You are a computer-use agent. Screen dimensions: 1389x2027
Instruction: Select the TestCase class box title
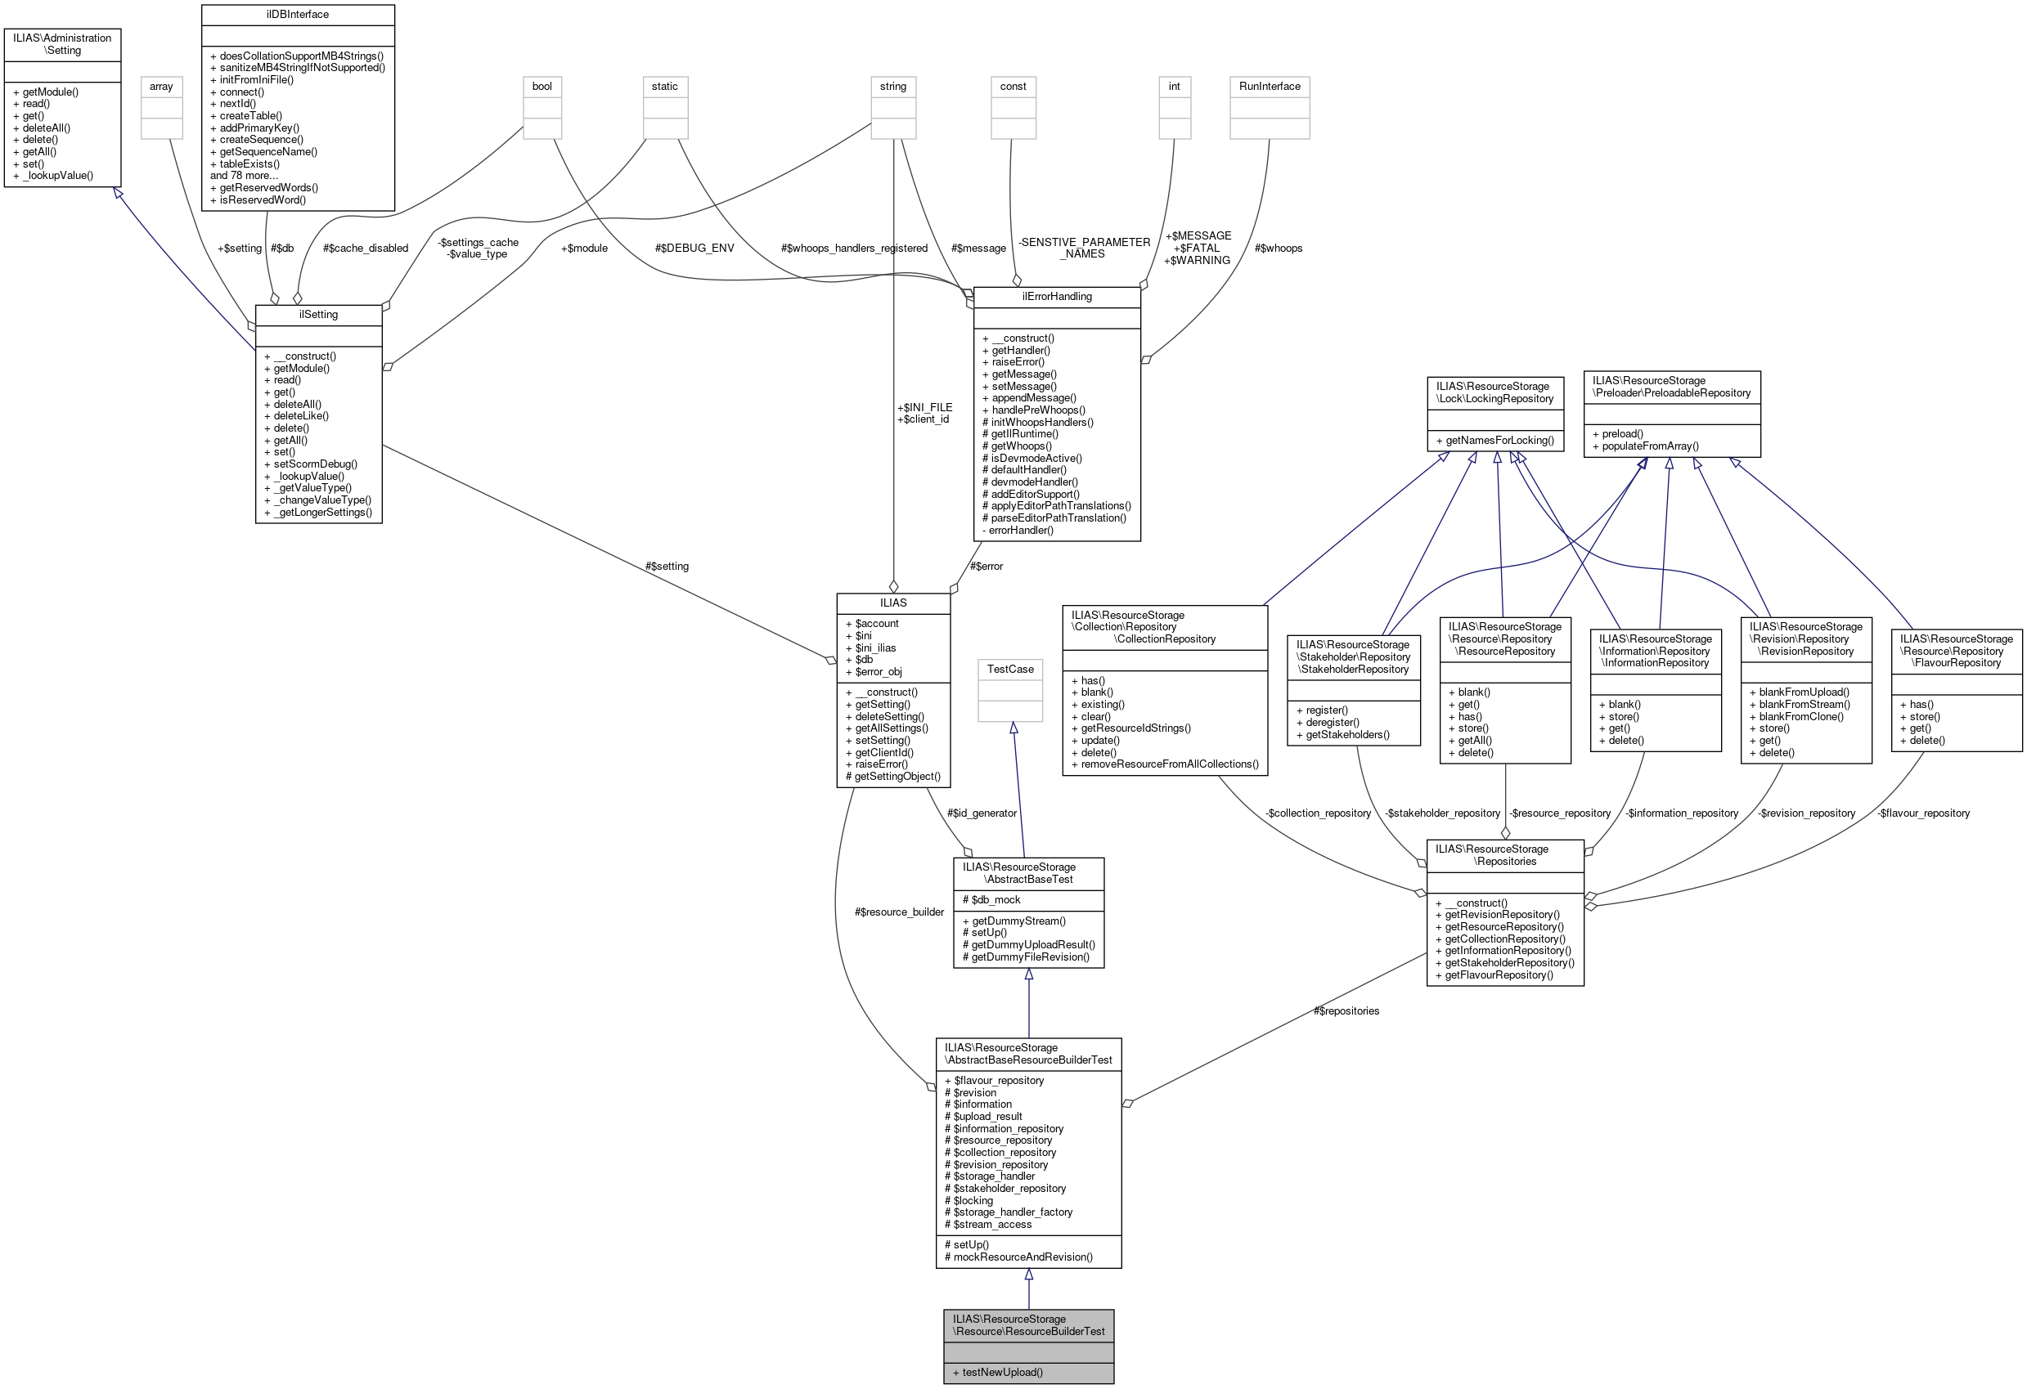pyautogui.click(x=1010, y=669)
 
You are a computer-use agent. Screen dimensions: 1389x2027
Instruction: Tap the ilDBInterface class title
pyautogui.click(x=298, y=15)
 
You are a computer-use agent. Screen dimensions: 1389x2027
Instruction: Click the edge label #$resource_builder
pyautogui.click(x=899, y=912)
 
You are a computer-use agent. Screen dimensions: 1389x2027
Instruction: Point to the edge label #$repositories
pyautogui.click(x=1346, y=1010)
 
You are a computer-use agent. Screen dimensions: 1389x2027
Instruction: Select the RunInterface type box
pyautogui.click(x=1269, y=87)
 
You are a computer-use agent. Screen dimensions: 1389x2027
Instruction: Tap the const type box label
pyautogui.click(x=1013, y=87)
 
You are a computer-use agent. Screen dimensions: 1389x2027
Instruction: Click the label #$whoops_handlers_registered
pyautogui.click(x=854, y=249)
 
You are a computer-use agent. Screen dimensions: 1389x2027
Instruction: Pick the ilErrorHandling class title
pyautogui.click(x=1056, y=297)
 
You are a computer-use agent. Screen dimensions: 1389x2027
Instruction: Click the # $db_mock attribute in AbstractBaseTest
pyautogui.click(x=991, y=900)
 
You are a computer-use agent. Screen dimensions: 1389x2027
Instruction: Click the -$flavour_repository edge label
pyautogui.click(x=1923, y=813)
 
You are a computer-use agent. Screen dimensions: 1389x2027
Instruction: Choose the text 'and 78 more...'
pyautogui.click(x=245, y=175)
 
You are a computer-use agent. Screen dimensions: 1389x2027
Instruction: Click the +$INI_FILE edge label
pyautogui.click(x=924, y=407)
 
